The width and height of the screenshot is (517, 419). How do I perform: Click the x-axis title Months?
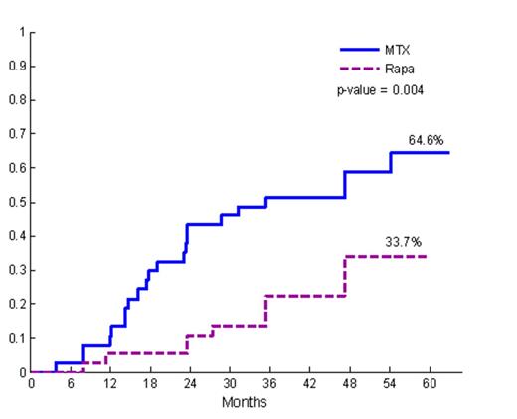[x=244, y=402]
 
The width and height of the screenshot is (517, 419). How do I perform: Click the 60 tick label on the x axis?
[x=430, y=384]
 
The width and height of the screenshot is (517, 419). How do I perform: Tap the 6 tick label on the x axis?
[x=71, y=384]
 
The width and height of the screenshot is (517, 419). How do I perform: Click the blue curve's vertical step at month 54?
[x=391, y=162]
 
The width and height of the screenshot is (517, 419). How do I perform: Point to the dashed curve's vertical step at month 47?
[x=345, y=276]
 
